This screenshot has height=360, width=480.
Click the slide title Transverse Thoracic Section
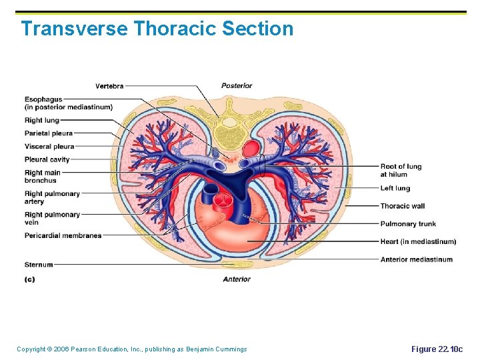157,29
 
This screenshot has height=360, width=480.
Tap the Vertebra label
109,86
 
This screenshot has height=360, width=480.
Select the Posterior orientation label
237,85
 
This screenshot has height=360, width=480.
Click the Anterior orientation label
237,279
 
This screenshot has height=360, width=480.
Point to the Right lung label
42,121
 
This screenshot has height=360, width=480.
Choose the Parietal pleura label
49,133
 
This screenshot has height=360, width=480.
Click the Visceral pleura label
49,147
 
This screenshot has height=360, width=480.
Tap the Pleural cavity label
47,160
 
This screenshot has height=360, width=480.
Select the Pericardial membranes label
63,235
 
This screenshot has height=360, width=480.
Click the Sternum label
39,265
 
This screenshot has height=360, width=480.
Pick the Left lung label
395,189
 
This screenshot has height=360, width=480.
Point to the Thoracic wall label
403,206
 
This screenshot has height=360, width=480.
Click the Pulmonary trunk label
408,224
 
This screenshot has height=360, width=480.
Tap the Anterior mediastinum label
416,259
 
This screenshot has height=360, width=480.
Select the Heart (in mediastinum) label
418,241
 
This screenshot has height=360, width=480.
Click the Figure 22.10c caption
437,349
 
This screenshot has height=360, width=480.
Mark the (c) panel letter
29,279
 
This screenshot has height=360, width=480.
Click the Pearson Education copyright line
131,349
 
